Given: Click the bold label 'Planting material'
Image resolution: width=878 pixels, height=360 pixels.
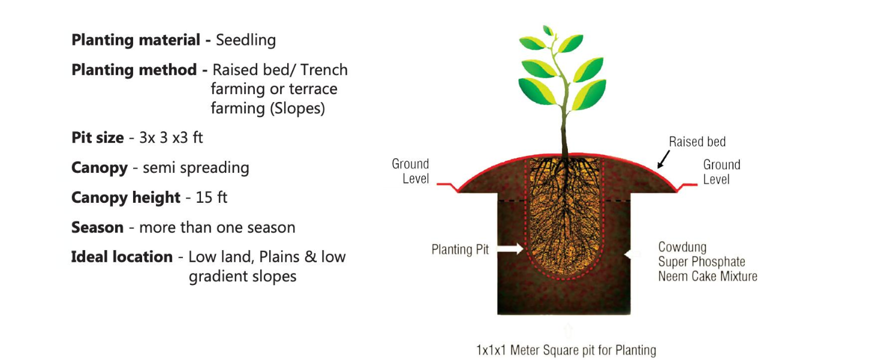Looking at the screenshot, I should [136, 40].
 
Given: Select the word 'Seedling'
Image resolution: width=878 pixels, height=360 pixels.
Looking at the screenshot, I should [246, 40].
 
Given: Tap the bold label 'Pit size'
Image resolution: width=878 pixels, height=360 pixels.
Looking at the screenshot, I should [97, 137].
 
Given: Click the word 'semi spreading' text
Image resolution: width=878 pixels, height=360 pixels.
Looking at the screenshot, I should [196, 167].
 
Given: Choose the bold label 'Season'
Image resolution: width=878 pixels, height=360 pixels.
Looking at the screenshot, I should [97, 227].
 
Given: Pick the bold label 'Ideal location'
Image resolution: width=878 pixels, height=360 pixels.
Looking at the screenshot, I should [122, 257].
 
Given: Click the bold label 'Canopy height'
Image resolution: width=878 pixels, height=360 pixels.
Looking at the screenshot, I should [126, 197].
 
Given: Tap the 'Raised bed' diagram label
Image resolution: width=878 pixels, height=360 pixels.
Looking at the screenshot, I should [697, 142].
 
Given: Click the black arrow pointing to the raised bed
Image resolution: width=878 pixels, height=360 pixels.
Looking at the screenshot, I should [663, 160].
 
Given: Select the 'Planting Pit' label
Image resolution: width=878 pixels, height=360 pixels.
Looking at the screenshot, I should [460, 250].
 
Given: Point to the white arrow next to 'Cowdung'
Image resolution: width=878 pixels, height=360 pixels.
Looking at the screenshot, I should [630, 254].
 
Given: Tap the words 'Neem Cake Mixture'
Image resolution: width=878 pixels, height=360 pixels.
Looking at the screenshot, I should [708, 277].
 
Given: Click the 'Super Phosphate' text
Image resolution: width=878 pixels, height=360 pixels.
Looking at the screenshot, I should [702, 262].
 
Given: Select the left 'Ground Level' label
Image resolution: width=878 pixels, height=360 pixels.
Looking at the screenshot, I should [411, 171].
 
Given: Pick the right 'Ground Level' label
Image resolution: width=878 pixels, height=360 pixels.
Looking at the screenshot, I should [721, 172].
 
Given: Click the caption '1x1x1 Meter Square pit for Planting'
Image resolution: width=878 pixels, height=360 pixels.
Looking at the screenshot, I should [566, 350].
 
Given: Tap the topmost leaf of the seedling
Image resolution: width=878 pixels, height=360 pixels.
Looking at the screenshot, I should [548, 30].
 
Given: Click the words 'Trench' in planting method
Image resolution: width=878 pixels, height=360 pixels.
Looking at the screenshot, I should [324, 70].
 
